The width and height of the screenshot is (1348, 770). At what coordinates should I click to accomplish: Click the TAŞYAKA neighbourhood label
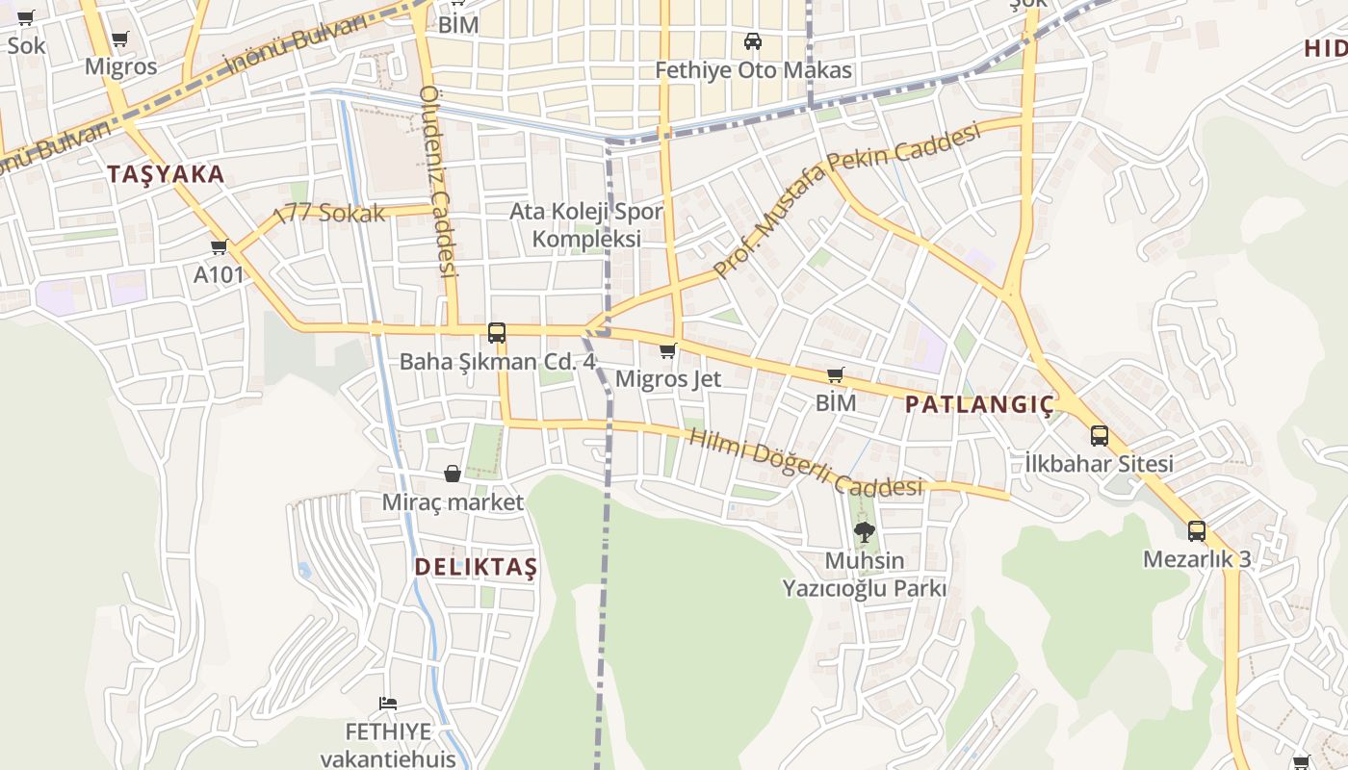click(x=166, y=174)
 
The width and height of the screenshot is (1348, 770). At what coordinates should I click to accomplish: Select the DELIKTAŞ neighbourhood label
click(x=476, y=567)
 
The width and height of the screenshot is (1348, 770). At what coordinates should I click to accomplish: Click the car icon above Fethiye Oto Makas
click(x=753, y=41)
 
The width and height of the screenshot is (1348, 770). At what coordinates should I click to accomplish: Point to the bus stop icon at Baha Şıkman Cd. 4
click(x=497, y=333)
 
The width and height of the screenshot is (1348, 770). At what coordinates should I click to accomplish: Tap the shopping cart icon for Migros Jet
click(x=668, y=351)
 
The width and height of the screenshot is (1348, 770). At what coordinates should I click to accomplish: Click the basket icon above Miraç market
click(x=453, y=474)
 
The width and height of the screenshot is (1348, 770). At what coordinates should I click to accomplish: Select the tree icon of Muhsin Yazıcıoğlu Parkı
click(x=865, y=531)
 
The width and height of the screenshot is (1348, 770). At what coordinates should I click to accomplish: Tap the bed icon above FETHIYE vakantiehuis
click(x=388, y=703)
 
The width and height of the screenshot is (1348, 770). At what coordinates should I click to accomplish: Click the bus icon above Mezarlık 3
click(x=1197, y=530)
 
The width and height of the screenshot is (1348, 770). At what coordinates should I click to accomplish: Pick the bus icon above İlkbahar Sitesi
click(x=1100, y=435)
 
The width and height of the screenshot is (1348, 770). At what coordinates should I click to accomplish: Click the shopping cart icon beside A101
click(x=220, y=246)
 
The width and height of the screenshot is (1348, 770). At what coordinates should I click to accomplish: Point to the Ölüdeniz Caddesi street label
click(x=437, y=181)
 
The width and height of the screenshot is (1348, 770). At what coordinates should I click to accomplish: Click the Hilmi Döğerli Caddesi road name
click(x=806, y=463)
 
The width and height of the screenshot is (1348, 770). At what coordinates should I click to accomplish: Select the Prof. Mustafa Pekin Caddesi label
click(x=847, y=199)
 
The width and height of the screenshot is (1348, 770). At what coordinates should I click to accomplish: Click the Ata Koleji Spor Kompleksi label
click(x=586, y=224)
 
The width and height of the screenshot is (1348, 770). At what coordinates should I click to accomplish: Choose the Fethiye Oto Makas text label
click(x=753, y=70)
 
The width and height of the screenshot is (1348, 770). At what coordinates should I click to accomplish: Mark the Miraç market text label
click(x=453, y=502)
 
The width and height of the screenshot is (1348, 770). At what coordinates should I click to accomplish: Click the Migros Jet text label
click(x=668, y=379)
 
